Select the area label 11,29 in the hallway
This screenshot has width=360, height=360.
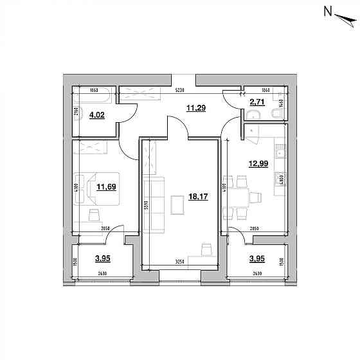point(195,109)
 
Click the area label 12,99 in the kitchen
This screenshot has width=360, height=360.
point(258,164)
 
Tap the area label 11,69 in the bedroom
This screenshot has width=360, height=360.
point(105,188)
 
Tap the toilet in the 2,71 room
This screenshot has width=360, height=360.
point(276,114)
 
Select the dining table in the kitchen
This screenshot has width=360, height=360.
point(241,200)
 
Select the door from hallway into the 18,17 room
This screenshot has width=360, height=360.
point(177,126)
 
